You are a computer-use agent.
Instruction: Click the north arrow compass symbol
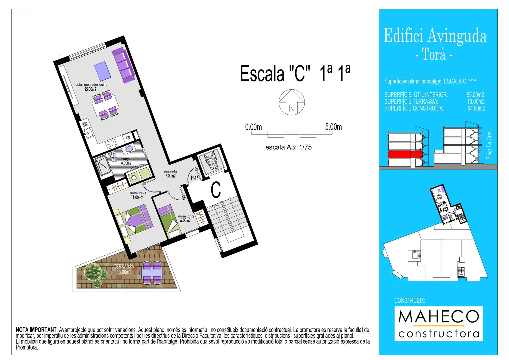[x=292, y=102]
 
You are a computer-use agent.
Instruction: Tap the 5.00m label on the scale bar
[x=333, y=127]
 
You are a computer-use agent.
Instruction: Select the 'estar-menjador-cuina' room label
[x=91, y=85]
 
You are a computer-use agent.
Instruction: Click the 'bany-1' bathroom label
[x=126, y=159]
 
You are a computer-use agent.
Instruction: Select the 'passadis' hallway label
[x=171, y=171]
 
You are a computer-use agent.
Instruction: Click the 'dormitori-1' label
[x=138, y=193]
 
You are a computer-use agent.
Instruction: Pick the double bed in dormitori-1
[x=133, y=220]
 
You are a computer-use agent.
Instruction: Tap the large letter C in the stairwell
[x=216, y=190]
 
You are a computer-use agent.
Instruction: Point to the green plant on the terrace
[x=95, y=275]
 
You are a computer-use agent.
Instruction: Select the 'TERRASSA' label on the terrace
[x=124, y=266]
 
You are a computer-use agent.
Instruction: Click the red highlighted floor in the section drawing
[x=405, y=154]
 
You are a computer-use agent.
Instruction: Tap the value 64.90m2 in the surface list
[x=476, y=108]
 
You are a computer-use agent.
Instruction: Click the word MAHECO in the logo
[x=439, y=316]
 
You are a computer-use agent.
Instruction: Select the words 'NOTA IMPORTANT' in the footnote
[x=36, y=330]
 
